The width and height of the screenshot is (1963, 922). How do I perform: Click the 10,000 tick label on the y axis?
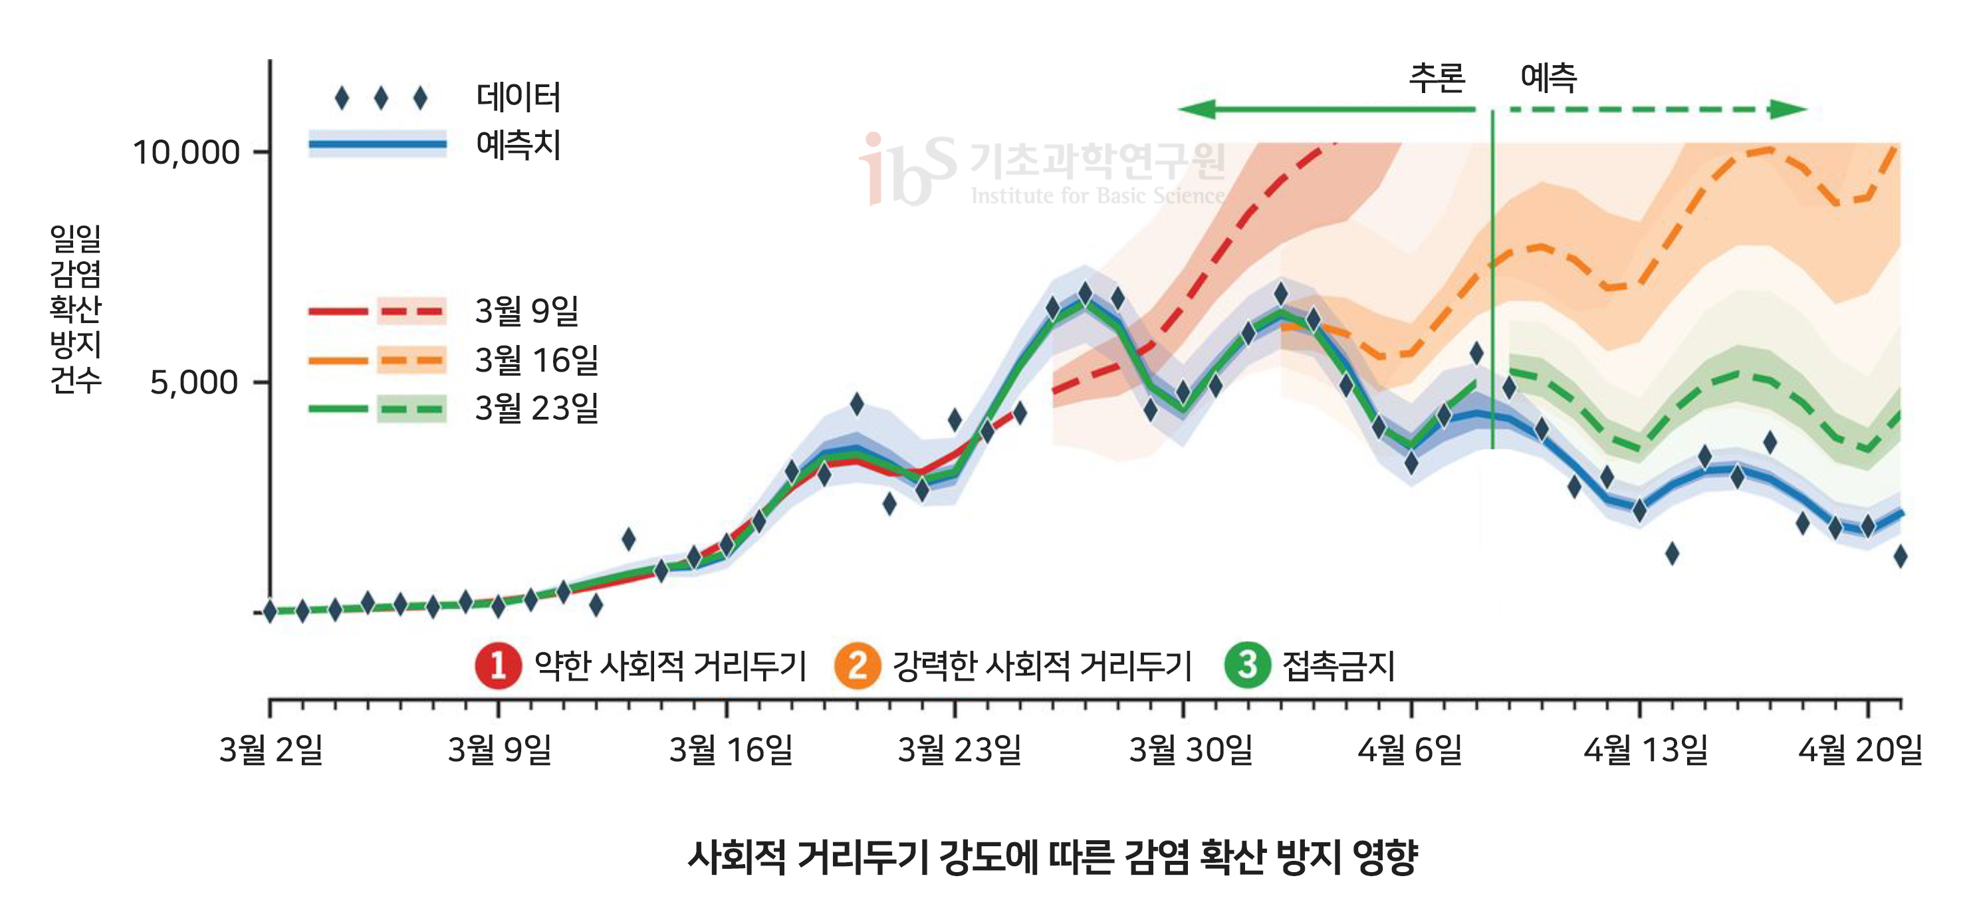[x=186, y=152]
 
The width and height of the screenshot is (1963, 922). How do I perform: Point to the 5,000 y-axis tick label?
[x=194, y=382]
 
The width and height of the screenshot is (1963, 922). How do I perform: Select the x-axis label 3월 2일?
[x=271, y=750]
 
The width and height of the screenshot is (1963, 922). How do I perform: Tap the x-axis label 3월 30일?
[x=1191, y=750]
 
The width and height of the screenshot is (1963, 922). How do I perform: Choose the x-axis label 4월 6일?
[x=1410, y=750]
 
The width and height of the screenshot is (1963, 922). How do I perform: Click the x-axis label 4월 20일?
[x=1860, y=750]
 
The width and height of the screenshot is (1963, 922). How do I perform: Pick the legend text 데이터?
[x=519, y=97]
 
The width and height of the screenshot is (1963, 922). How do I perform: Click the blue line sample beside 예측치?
[x=377, y=144]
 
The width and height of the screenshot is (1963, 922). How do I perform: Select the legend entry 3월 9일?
[x=526, y=311]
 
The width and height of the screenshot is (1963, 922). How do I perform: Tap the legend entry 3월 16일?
[x=536, y=360]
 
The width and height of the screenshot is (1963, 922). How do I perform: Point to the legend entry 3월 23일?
[x=536, y=408]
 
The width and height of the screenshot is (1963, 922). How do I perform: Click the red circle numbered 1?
[x=498, y=665]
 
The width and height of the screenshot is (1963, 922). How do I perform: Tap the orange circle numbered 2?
[x=858, y=665]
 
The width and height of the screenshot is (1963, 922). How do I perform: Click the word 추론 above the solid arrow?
[x=1437, y=78]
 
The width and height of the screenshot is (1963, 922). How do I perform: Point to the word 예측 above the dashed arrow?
[x=1548, y=78]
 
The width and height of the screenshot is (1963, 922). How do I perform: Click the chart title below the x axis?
[x=1052, y=858]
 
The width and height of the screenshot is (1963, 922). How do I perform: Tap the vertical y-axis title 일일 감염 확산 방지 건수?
[x=74, y=308]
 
